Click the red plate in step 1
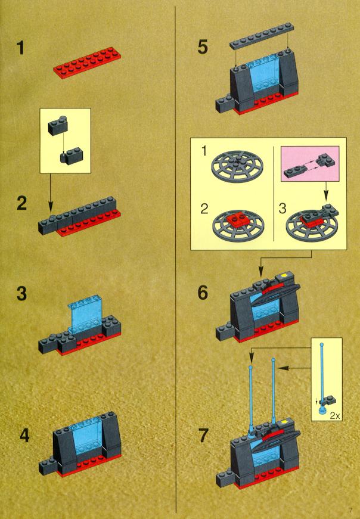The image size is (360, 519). pyautogui.click(x=83, y=69)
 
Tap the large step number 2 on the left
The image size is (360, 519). pyautogui.click(x=22, y=203)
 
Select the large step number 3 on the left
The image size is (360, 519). pyautogui.click(x=21, y=295)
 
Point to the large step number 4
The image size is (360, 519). pyautogui.click(x=24, y=434)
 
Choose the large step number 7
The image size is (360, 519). pyautogui.click(x=203, y=435)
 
